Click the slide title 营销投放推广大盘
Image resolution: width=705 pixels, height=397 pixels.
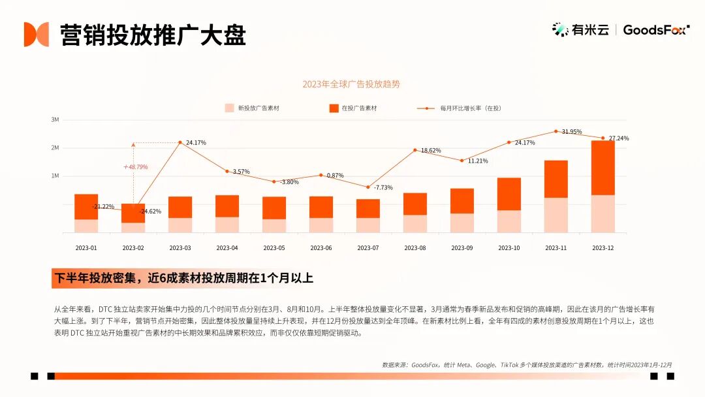(x=153, y=35)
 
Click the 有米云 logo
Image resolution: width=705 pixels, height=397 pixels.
(x=580, y=29)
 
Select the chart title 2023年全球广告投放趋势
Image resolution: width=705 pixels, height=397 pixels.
(x=351, y=84)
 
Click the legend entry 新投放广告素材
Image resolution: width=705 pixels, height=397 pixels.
(x=251, y=108)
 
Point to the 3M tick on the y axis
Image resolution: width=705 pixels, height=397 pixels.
(x=55, y=120)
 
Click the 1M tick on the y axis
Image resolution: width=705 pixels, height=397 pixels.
(x=55, y=176)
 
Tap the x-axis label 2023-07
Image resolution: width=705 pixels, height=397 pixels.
(x=368, y=248)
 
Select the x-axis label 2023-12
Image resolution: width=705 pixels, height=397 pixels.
(x=603, y=248)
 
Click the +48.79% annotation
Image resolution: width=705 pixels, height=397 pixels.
(x=135, y=167)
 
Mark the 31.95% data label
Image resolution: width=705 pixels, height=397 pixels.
(x=572, y=132)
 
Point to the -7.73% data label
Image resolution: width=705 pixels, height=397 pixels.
(x=383, y=187)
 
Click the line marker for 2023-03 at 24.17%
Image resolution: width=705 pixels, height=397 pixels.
(x=180, y=142)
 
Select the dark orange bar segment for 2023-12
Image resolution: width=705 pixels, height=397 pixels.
(x=603, y=168)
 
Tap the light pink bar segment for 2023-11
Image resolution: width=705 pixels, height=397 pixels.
(x=556, y=215)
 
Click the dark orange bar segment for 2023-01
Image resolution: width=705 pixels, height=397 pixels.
(x=86, y=206)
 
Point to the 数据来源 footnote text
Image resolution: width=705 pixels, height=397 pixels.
(x=527, y=365)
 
